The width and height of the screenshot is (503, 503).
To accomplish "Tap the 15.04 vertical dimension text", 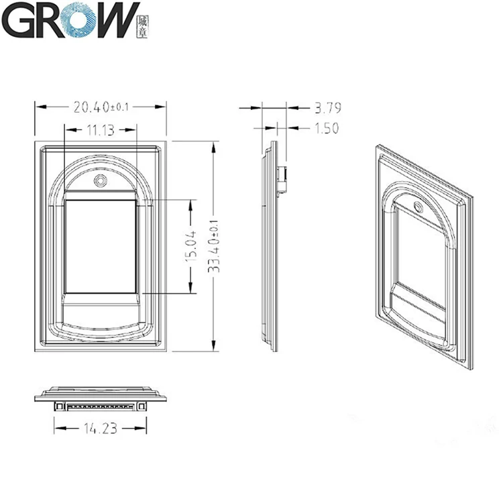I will point(190,246).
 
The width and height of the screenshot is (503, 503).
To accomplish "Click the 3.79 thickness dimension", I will point(327,107).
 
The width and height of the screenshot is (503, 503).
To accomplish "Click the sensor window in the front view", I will point(101,246).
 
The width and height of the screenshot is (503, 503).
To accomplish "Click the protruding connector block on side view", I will point(284,180).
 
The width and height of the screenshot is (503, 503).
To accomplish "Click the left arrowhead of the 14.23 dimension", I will point(57,427).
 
